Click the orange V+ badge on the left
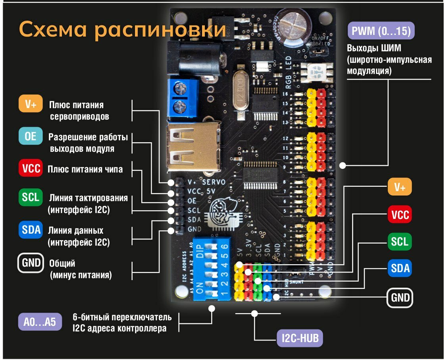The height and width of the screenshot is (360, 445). [x=31, y=105]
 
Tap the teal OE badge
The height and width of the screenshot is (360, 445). [x=31, y=137]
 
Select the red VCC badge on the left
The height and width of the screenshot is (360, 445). [x=31, y=169]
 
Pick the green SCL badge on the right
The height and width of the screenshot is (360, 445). [x=400, y=241]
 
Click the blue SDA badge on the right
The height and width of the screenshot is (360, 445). [x=400, y=269]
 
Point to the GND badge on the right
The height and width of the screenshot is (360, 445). [x=400, y=298]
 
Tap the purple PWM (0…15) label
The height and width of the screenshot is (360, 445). [x=380, y=31]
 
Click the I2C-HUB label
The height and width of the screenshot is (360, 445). [x=300, y=339]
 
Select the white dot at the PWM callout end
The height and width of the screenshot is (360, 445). [x=343, y=165]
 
